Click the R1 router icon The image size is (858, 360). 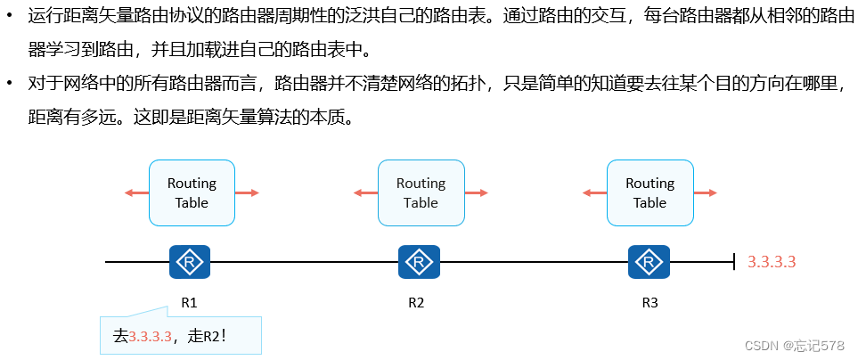pyautogui.click(x=189, y=262)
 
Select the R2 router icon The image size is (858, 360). pyautogui.click(x=418, y=262)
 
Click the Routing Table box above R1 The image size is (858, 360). pyautogui.click(x=192, y=192)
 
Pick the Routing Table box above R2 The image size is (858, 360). pyautogui.click(x=421, y=192)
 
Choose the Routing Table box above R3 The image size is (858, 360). pyautogui.click(x=650, y=192)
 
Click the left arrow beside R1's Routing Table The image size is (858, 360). pyautogui.click(x=135, y=192)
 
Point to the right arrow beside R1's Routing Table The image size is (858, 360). pyautogui.click(x=249, y=192)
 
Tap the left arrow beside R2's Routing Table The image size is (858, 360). pyautogui.click(x=364, y=192)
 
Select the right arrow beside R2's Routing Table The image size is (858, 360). pyautogui.click(x=478, y=192)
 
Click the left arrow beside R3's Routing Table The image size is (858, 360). pyautogui.click(x=592, y=192)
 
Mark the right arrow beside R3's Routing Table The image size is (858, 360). pyautogui.click(x=707, y=192)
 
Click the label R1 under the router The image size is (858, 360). pyautogui.click(x=189, y=302)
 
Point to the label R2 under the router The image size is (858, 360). pyautogui.click(x=416, y=302)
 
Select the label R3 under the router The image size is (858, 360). pyautogui.click(x=650, y=302)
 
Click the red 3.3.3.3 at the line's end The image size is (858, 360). pyautogui.click(x=771, y=262)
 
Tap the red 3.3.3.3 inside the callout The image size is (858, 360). pyautogui.click(x=150, y=336)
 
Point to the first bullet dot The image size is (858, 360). pyautogui.click(x=10, y=16)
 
